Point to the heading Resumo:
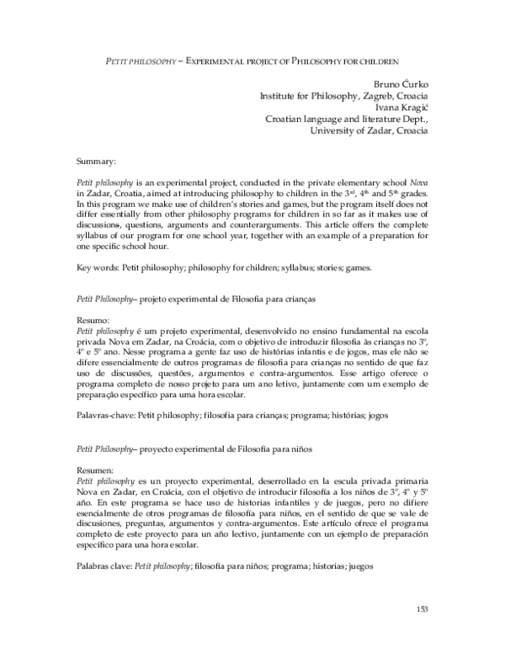click(93, 321)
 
